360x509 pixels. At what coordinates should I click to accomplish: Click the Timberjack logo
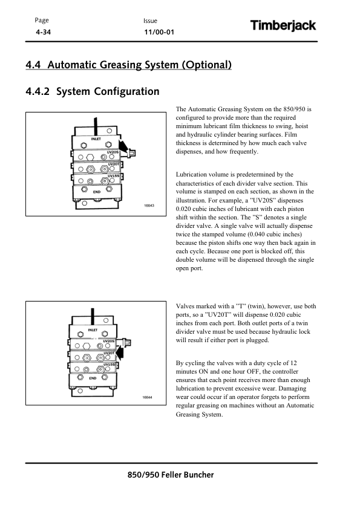tap(283, 25)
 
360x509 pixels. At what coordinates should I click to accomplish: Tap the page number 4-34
tap(43, 32)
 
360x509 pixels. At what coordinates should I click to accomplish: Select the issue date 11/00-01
tap(159, 32)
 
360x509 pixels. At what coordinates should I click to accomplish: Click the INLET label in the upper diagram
tap(96, 139)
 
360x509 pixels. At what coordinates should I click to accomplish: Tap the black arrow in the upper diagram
tap(124, 146)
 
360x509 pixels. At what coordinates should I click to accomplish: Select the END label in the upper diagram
tap(97, 192)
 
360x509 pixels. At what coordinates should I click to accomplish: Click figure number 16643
tap(149, 206)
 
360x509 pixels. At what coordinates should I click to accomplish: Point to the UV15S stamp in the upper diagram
tap(113, 176)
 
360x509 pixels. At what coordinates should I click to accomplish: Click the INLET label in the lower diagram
tap(93, 330)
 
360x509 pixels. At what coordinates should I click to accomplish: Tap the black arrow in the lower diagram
tap(120, 352)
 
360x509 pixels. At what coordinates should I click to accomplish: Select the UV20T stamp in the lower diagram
tap(109, 353)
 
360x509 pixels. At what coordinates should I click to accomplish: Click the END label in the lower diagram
tap(93, 378)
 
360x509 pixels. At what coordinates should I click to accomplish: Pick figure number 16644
tap(147, 397)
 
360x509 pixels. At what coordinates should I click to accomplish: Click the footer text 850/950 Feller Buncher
tap(171, 475)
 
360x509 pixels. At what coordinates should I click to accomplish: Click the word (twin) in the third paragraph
tap(257, 306)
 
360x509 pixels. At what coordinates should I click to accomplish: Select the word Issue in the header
tap(150, 21)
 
